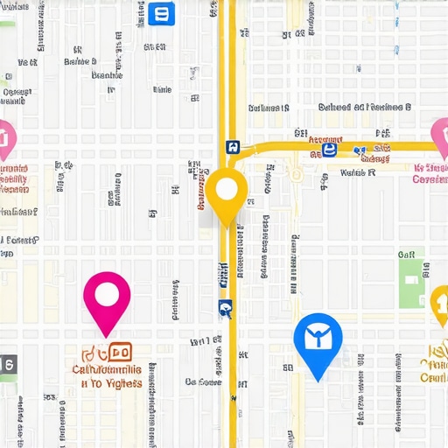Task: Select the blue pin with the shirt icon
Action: [317, 342]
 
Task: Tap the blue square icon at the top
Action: [162, 13]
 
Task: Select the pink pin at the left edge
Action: [5, 136]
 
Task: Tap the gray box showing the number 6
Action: [7, 364]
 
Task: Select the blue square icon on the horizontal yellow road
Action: [329, 150]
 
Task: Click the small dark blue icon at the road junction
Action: [231, 147]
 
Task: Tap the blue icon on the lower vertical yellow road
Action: [225, 307]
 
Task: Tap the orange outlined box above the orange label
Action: [119, 352]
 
